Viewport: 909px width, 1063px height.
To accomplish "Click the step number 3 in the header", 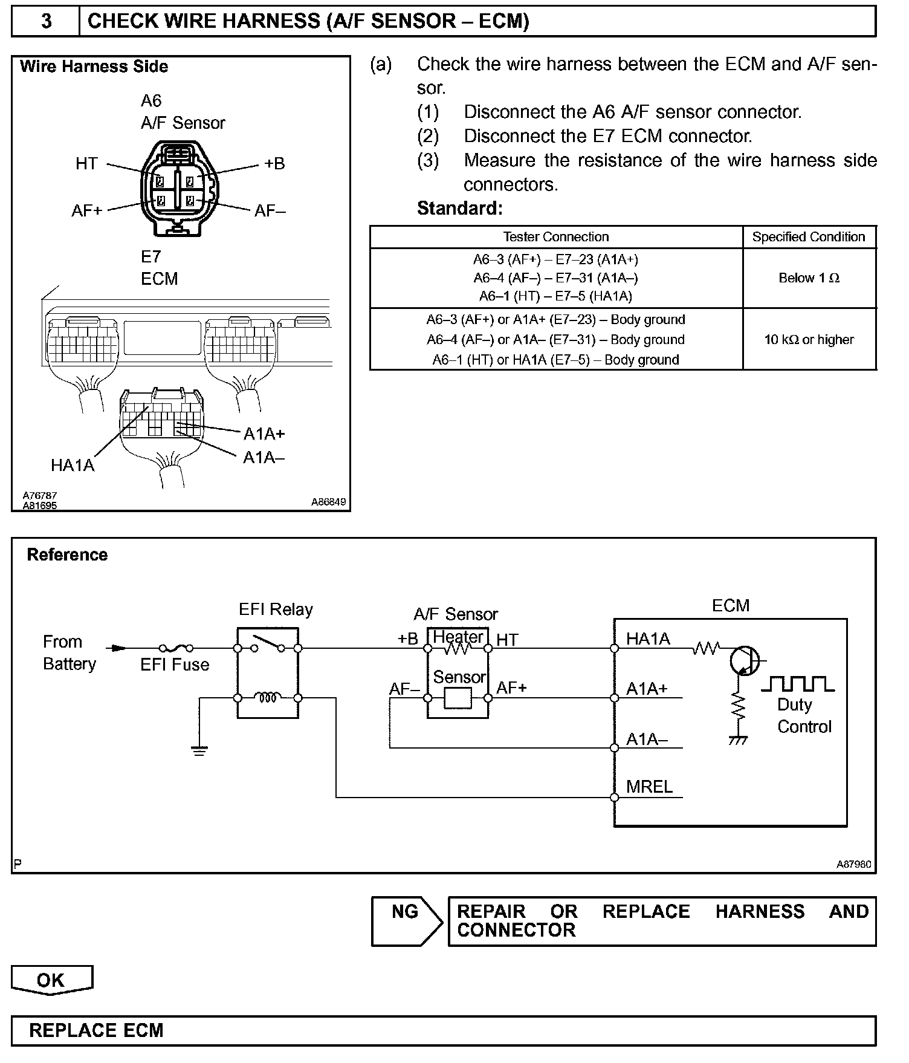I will [46, 21].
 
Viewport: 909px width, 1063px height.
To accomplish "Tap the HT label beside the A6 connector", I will [86, 163].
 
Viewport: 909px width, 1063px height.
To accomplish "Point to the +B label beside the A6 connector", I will [274, 163].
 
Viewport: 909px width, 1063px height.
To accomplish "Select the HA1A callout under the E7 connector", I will [73, 465].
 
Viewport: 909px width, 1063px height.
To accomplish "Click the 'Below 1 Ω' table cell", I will [809, 278].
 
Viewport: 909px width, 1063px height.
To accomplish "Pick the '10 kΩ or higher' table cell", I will [809, 340].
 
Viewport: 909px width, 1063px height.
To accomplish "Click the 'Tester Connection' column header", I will [556, 237].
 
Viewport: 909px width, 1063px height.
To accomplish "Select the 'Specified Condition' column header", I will [809, 237].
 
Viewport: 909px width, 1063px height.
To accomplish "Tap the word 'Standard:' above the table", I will [460, 209].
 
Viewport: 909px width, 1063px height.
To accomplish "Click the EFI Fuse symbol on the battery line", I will [175, 648].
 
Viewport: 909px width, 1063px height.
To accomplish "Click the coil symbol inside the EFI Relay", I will [268, 698].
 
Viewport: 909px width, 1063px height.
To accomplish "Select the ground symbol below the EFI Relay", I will [199, 750].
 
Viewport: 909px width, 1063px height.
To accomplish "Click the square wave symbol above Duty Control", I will [797, 684].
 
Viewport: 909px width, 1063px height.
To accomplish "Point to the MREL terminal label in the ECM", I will [649, 787].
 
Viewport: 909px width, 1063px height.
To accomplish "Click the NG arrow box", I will [407, 921].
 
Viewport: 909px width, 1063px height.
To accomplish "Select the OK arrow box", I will [51, 980].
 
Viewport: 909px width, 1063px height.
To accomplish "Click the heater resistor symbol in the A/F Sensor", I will [458, 649].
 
